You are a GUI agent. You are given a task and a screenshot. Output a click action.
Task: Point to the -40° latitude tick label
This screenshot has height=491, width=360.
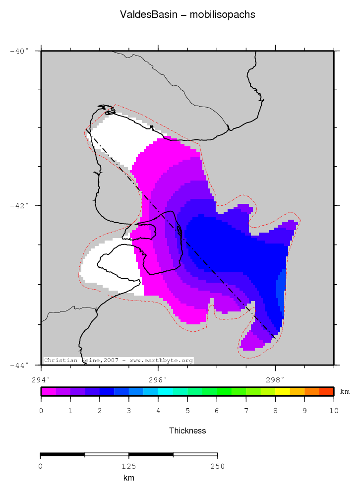point(20,51)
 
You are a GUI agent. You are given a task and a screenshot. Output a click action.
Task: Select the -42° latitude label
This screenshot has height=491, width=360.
point(20,205)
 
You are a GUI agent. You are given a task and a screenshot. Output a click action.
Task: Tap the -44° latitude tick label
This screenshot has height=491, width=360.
point(20,365)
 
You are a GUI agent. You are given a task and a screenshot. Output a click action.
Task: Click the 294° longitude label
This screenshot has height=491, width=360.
point(41,380)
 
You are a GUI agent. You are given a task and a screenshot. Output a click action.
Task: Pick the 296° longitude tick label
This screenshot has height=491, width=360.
point(158,380)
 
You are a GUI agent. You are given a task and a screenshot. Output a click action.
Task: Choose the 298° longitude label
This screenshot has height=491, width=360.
point(275,380)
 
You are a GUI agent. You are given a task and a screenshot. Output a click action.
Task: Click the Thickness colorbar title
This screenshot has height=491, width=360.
point(187,430)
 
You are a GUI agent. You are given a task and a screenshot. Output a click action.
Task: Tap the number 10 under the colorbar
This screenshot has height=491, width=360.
point(333,411)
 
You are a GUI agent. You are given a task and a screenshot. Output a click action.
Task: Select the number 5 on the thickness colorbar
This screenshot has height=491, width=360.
point(187,411)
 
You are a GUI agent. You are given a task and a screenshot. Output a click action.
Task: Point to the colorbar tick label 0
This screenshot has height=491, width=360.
point(41,411)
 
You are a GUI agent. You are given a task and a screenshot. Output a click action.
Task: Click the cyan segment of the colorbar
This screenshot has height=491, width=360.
point(165,391)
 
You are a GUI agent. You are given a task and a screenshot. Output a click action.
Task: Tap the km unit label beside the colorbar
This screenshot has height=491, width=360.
point(345,392)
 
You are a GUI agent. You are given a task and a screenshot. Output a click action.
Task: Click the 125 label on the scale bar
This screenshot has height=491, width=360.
point(129,466)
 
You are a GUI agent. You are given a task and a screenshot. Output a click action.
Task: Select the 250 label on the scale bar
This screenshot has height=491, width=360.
point(217,466)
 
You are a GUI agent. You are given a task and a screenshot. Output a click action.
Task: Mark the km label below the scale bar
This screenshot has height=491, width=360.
point(129,478)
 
